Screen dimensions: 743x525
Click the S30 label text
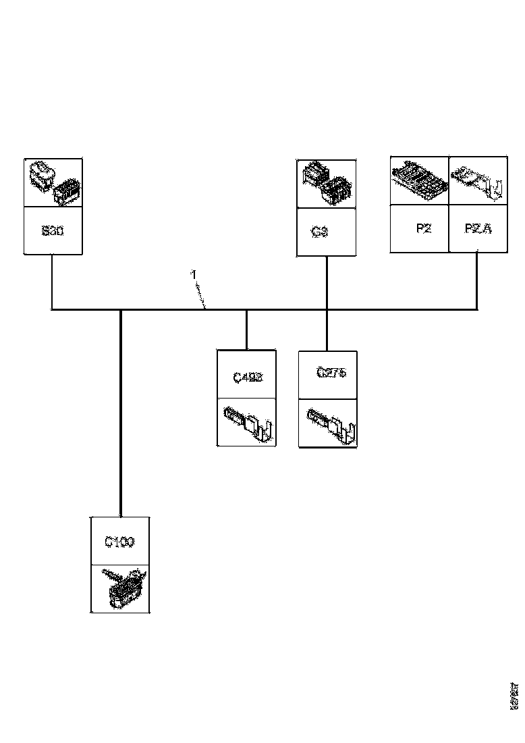[53, 230]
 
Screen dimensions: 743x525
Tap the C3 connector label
[320, 232]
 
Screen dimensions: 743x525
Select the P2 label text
[423, 228]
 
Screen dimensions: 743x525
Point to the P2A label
[478, 228]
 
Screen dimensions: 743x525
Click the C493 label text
[247, 377]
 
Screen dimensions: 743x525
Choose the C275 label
[331, 373]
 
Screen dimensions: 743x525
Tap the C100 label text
[119, 542]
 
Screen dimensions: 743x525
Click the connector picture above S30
[53, 183]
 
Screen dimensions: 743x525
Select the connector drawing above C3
[327, 183]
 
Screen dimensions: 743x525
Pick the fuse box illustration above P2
[420, 180]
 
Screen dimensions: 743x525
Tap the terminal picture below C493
[246, 422]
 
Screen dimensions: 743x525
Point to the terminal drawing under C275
[330, 424]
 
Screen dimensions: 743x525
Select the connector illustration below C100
[121, 588]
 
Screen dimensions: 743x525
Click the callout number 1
[193, 275]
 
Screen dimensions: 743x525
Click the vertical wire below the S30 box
[52, 282]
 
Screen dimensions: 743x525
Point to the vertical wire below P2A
[478, 281]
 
